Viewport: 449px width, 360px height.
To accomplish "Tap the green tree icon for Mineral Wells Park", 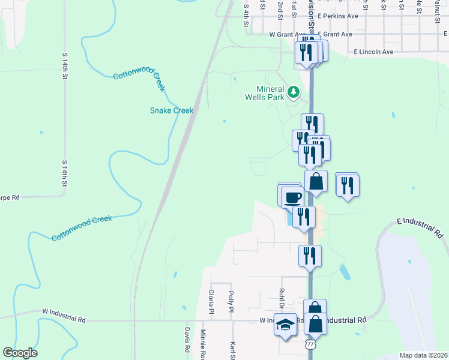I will (x=294, y=92).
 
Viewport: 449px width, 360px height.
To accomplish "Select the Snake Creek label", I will (x=172, y=110).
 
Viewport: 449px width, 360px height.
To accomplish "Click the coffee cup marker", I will (x=292, y=197).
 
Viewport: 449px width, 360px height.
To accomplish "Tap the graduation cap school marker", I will (x=286, y=325).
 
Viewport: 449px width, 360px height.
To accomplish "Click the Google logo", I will (x=20, y=353).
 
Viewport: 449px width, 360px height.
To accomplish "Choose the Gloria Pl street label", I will (x=211, y=301).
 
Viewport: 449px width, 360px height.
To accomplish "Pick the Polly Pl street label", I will (x=231, y=302).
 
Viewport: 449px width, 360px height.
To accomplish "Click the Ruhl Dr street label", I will (x=281, y=298).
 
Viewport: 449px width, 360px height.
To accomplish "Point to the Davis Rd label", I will (x=187, y=340).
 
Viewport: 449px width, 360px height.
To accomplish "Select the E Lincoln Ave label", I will (x=374, y=52).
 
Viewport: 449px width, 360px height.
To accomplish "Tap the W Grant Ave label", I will (x=289, y=35).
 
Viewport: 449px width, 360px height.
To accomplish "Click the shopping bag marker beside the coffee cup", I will (x=316, y=181).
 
